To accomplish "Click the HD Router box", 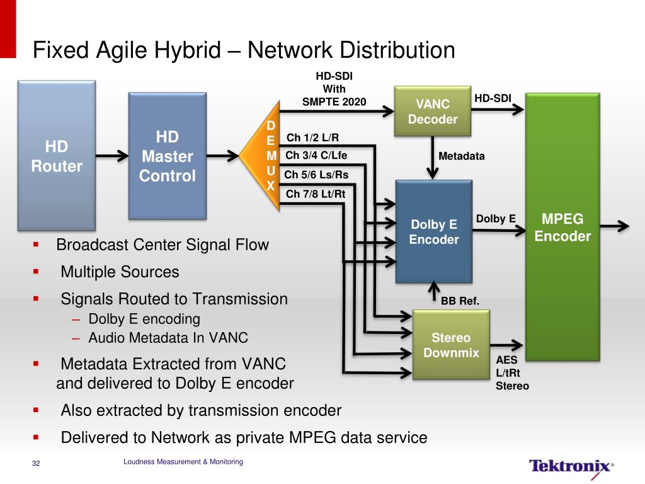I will click(56, 156).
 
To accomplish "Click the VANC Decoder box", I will click(433, 112).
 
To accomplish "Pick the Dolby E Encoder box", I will click(433, 231).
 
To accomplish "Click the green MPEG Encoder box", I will click(562, 227).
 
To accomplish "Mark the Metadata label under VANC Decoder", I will click(461, 156).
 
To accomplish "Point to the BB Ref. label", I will click(460, 301).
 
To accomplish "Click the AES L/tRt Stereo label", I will click(512, 373).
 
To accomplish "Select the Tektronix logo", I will click(571, 466).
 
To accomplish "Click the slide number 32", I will click(36, 464).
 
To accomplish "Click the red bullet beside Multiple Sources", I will click(36, 272).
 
